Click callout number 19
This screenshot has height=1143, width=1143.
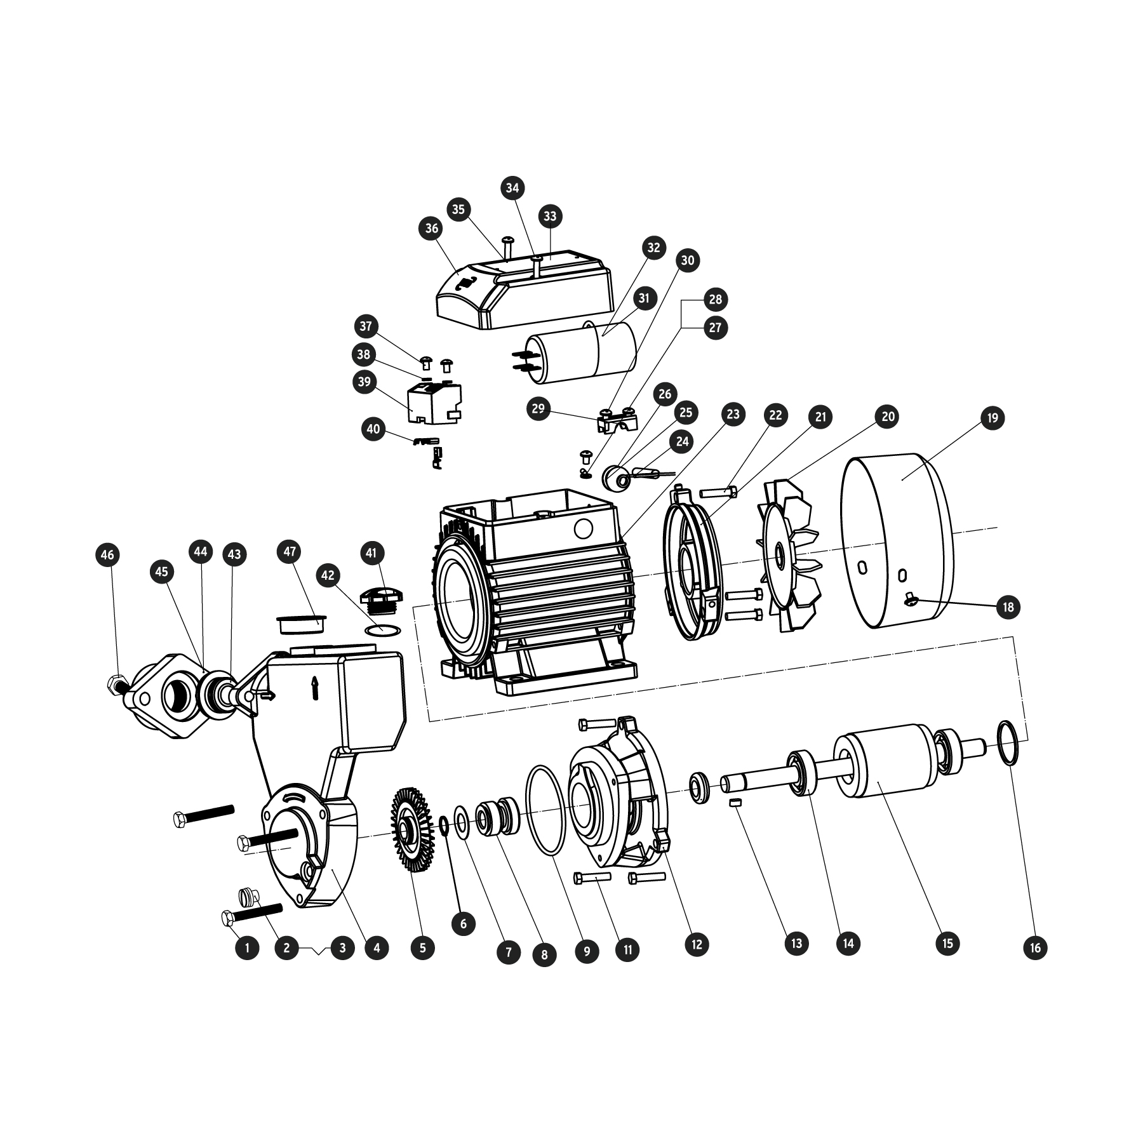pyautogui.click(x=993, y=418)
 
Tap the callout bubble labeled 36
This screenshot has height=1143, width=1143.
pyautogui.click(x=432, y=229)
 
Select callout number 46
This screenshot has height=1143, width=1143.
pyautogui.click(x=108, y=555)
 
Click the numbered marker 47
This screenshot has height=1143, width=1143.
pyautogui.click(x=290, y=551)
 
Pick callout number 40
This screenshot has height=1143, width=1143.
pyautogui.click(x=373, y=429)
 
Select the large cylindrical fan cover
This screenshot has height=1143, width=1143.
pyautogui.click(x=897, y=540)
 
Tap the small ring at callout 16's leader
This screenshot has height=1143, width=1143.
pyautogui.click(x=1010, y=744)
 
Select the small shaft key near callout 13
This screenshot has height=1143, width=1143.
pyautogui.click(x=736, y=803)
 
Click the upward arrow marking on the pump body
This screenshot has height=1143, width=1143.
pyautogui.click(x=314, y=688)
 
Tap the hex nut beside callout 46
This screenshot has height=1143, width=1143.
pyautogui.click(x=115, y=683)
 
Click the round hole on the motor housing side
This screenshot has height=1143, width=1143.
pyautogui.click(x=582, y=528)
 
